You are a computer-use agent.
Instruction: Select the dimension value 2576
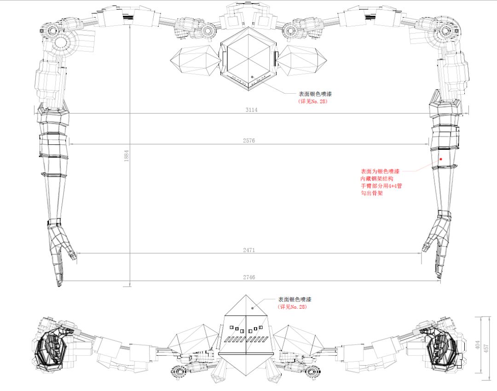tap(248, 141)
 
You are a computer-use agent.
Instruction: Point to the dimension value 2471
tap(249, 250)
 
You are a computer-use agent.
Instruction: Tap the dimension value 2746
tap(249, 277)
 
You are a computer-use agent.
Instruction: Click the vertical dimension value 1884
tap(127, 156)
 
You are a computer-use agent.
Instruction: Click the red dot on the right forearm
tap(441, 159)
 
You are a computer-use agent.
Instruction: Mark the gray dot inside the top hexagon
tap(252, 77)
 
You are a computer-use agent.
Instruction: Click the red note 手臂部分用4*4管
tap(381, 186)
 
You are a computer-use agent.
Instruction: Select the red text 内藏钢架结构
tap(377, 178)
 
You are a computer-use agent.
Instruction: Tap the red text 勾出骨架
tap(372, 193)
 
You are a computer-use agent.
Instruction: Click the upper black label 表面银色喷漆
tap(315, 94)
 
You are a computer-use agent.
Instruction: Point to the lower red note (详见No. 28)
tap(292, 306)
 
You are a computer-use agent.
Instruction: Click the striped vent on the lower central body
tap(246, 340)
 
